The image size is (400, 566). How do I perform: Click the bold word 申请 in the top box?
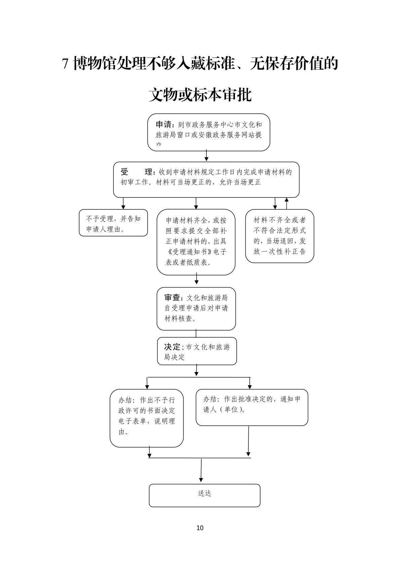coord(164,125)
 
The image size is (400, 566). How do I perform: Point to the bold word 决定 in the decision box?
coord(172,347)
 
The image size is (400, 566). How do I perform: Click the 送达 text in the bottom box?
coord(204,493)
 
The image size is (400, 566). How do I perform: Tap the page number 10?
coord(200,528)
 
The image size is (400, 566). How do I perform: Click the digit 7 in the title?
coord(66,64)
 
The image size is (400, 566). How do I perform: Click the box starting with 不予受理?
coord(113,223)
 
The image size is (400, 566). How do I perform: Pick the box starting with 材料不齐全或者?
coord(279,236)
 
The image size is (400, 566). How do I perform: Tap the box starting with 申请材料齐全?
coord(196,242)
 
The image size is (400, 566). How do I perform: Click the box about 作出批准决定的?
coord(252,407)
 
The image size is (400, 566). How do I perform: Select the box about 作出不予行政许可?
coord(147,418)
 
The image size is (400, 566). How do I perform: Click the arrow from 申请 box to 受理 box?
coord(206,156)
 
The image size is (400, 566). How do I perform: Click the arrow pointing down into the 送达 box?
coord(201,471)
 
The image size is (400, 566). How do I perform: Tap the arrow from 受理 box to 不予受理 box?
coord(123,203)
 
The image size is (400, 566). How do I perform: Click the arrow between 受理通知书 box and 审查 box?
coord(197,279)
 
